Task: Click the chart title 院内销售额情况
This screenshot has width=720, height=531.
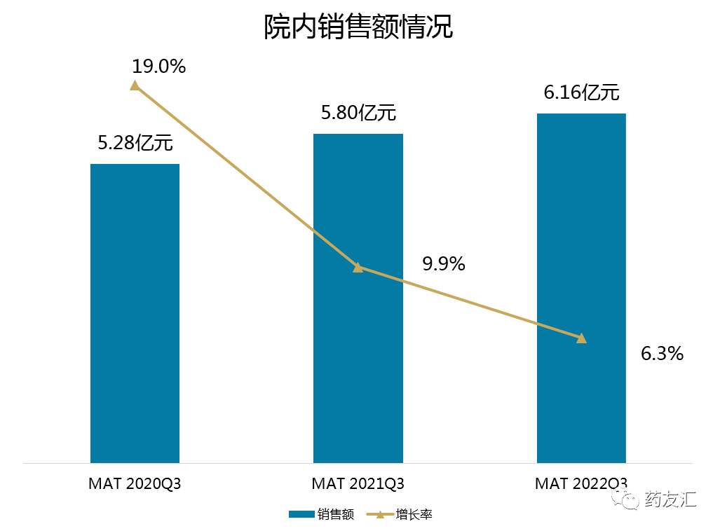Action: (x=358, y=28)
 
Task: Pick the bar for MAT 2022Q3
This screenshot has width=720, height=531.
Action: (x=581, y=288)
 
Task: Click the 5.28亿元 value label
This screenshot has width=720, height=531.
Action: (x=135, y=144)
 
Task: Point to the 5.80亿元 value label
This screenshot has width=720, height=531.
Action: (x=358, y=113)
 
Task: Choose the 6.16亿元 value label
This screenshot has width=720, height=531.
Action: (x=581, y=92)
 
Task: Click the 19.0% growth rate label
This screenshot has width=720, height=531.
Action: (x=158, y=67)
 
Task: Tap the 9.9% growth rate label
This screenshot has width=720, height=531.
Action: (x=443, y=264)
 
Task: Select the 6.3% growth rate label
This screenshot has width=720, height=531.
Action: (x=662, y=354)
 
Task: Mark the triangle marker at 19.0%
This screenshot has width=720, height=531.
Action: (x=135, y=85)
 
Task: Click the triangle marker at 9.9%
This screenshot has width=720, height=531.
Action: (x=358, y=267)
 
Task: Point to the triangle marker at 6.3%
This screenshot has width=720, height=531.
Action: (x=581, y=338)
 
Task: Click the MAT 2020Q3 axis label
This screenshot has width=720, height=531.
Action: (x=135, y=483)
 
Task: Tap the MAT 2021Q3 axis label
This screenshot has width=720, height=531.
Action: (x=358, y=483)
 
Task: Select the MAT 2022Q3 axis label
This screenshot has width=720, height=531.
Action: (x=581, y=483)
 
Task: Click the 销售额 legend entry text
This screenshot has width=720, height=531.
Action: (x=336, y=515)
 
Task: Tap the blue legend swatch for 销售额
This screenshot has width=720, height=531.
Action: (x=301, y=515)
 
